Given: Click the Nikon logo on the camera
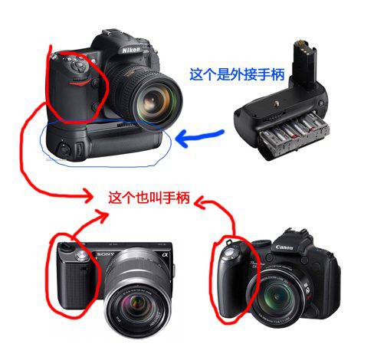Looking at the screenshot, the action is point(131,50).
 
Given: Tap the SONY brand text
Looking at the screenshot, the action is point(106,254).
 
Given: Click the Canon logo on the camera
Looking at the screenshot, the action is point(284,247).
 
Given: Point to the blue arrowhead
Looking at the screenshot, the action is point(182,138).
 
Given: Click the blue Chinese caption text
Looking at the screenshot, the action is point(237,74).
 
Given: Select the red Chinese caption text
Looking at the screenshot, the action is point(149,198).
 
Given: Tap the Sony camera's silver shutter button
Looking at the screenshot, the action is point(81,254).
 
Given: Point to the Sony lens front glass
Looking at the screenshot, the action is point(138,306).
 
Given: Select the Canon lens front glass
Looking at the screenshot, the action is point(277,297).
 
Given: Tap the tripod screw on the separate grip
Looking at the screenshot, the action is point(276,103).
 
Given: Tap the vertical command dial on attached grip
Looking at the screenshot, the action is point(79,149).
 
